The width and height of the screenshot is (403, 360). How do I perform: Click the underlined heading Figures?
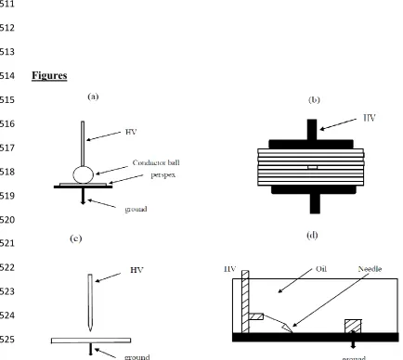click(x=49, y=75)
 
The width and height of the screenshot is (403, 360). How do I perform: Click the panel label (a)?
click(x=93, y=96)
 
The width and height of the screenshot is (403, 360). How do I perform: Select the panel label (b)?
click(x=314, y=100)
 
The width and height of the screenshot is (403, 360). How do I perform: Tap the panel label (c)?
click(x=76, y=238)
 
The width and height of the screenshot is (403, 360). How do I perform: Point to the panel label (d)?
click(x=312, y=236)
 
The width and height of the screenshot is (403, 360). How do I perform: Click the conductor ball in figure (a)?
click(x=83, y=174)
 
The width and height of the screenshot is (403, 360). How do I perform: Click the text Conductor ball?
click(x=156, y=162)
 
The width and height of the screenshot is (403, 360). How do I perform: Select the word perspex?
click(x=163, y=175)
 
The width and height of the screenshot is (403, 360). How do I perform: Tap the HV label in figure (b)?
click(x=370, y=118)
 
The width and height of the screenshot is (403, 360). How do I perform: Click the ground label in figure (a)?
click(x=136, y=210)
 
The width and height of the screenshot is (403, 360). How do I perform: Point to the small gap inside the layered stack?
click(x=313, y=167)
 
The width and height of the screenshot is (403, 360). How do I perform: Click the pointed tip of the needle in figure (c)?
click(x=90, y=330)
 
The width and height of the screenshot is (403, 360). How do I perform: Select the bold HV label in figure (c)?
click(x=136, y=270)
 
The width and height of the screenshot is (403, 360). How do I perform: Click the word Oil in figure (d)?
click(x=321, y=269)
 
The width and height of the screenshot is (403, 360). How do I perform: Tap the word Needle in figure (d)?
click(x=370, y=269)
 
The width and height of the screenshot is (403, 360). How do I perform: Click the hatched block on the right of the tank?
click(x=353, y=327)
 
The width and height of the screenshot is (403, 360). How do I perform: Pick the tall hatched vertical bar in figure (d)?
click(x=245, y=302)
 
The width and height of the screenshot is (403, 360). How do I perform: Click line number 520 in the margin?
click(x=7, y=220)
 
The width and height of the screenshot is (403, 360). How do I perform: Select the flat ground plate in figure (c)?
click(x=91, y=341)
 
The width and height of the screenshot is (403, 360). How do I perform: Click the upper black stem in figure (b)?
click(x=312, y=130)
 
